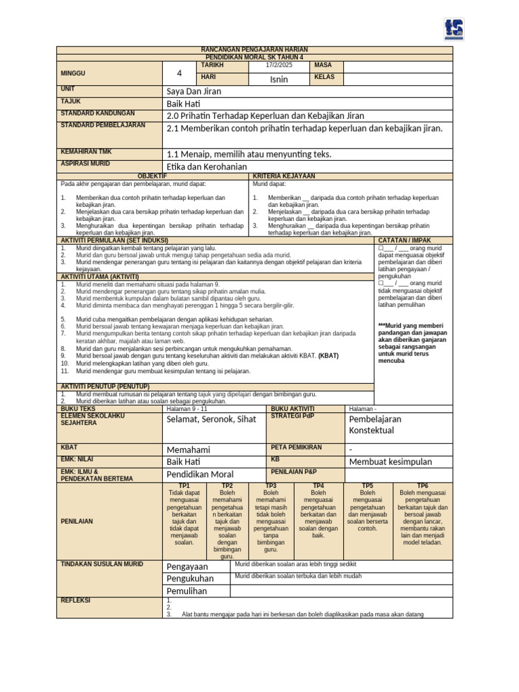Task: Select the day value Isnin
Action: point(278,79)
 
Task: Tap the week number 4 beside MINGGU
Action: point(179,73)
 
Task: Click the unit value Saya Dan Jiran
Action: point(194,91)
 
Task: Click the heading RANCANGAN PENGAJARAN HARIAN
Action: point(255,51)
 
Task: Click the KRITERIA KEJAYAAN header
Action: point(284,176)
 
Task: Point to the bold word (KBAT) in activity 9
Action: point(329,355)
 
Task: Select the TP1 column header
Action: point(184,486)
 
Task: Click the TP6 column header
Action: point(422,486)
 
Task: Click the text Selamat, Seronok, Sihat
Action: point(212,419)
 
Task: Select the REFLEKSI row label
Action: point(76,600)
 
